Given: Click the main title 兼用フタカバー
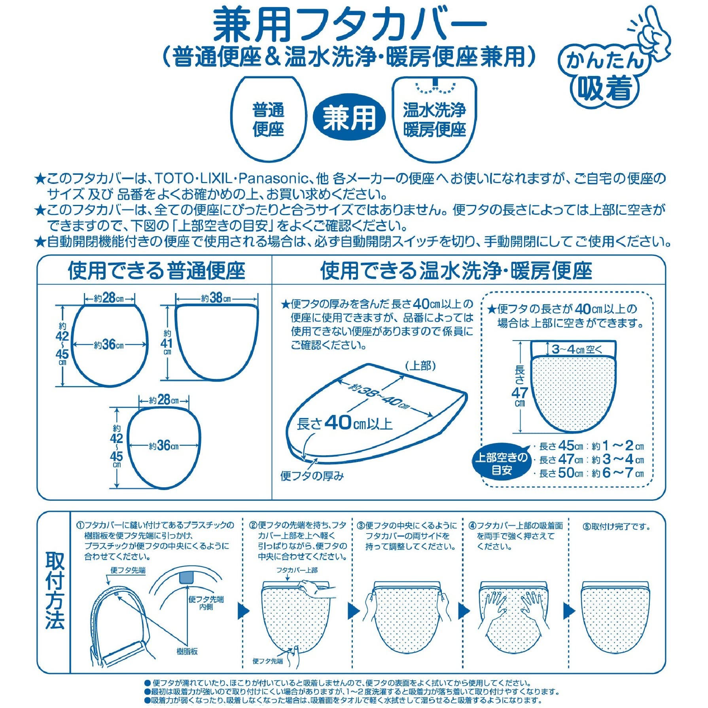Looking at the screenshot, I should tap(350, 25).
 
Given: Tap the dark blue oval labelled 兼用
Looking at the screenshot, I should tap(349, 117).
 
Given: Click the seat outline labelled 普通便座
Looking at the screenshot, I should tap(269, 119).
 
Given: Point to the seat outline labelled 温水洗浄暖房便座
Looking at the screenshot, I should tap(434, 119).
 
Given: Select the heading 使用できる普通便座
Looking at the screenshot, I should tap(157, 271).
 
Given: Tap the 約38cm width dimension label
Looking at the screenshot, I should tap(216, 298).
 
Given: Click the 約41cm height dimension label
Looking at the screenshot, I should tap(167, 343).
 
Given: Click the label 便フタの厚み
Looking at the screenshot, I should tap(312, 476).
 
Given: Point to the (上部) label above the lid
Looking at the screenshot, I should tap(420, 366).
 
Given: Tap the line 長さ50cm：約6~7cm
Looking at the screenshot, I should tap(591, 473).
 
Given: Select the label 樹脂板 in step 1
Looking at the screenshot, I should tap(187, 651).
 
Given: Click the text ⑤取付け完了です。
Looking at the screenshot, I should tap(617, 526).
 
